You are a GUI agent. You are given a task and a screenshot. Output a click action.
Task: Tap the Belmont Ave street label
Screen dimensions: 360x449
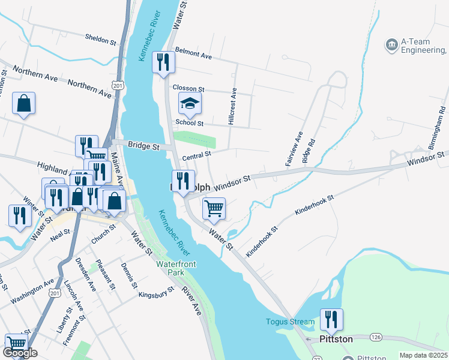(193, 55)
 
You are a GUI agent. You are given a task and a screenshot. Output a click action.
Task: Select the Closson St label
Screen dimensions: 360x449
(189, 88)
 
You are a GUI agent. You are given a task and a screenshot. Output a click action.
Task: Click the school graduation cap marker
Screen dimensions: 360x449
(190, 104)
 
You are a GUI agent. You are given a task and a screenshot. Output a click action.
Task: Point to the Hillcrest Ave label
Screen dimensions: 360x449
(233, 107)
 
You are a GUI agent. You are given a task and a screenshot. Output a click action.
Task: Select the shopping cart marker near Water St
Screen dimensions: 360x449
(214, 209)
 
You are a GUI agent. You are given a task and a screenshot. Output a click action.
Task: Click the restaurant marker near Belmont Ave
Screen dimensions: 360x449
(164, 62)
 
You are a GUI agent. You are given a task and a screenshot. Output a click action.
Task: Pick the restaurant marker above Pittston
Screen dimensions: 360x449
(331, 320)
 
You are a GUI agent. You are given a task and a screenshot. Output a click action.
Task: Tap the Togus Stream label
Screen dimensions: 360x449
(290, 322)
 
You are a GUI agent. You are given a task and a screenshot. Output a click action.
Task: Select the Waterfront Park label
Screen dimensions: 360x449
(176, 268)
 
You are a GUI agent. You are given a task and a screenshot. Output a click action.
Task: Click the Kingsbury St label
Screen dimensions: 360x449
(155, 292)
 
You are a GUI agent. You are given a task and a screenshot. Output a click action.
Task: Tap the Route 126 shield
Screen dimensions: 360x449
(376, 338)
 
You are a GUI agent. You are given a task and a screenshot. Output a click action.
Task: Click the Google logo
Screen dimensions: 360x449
(20, 353)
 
